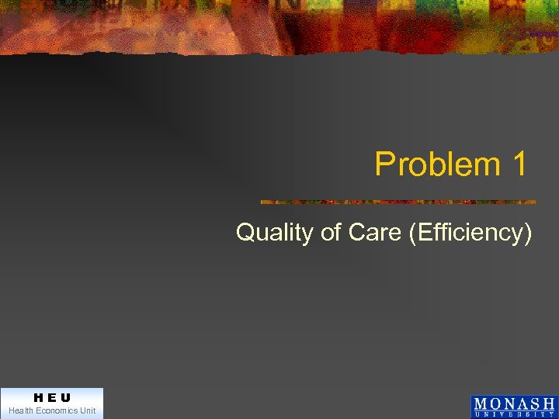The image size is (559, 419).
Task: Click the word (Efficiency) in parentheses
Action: [470, 232]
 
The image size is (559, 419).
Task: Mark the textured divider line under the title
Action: [398, 202]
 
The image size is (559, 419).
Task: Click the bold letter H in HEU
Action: [37, 397]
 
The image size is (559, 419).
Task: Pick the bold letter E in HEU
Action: [51, 397]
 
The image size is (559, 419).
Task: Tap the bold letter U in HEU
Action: [65, 397]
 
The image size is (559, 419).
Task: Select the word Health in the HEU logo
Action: [22, 410]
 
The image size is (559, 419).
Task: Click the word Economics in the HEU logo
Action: [57, 410]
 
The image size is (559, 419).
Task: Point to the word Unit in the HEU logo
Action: [87, 410]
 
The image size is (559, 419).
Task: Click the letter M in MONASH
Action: [480, 403]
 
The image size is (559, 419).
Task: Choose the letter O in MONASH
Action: [495, 403]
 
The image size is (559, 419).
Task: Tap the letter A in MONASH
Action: [522, 403]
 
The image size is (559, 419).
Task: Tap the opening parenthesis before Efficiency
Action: [411, 232]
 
